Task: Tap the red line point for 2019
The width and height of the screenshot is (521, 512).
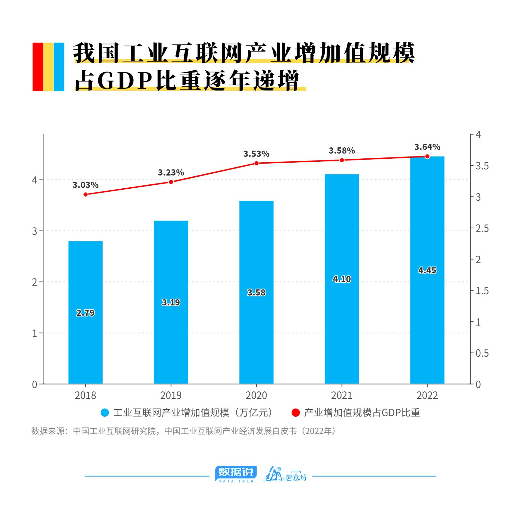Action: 171,182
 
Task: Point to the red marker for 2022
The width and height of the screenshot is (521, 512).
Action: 427,156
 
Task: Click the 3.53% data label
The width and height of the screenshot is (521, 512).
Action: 256,154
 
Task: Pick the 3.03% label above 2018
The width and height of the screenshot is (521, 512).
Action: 85,185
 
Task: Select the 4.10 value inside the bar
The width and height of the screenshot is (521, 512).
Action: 342,279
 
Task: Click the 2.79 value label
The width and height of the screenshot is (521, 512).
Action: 85,313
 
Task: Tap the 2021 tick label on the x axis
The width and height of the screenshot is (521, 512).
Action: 342,395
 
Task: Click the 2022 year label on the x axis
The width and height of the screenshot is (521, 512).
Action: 427,395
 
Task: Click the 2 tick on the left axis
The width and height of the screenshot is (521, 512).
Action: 35,282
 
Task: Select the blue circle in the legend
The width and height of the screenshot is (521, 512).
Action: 105,412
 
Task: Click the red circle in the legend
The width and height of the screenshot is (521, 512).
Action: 296,412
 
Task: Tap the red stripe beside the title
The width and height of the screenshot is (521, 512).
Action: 38,67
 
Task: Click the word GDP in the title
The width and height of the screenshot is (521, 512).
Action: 125,80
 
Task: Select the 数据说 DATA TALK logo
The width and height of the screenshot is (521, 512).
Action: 236,474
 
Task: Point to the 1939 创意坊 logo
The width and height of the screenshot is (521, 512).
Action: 285,474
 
